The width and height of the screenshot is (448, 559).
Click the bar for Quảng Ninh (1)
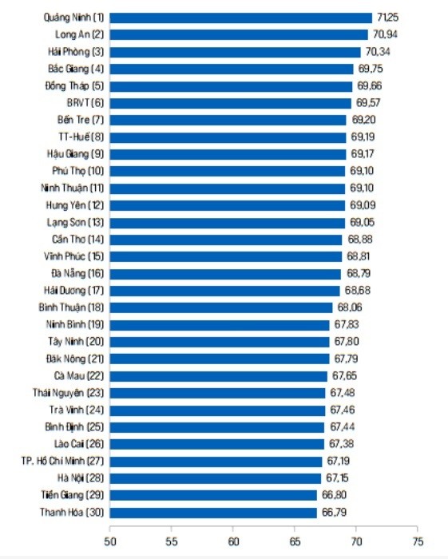[241, 17]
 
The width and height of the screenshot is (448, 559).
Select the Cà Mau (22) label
[78, 375]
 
